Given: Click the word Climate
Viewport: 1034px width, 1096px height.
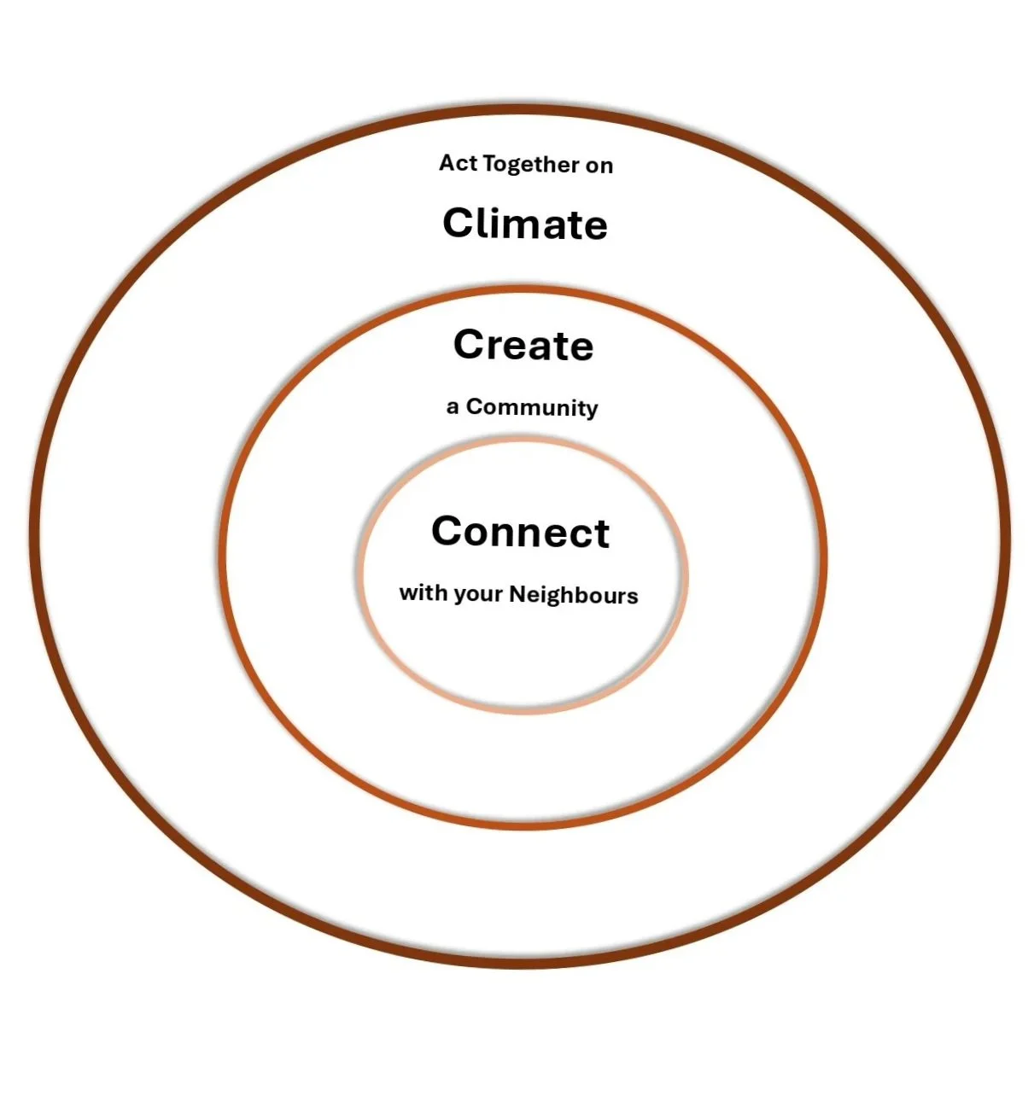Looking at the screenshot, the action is point(525,224).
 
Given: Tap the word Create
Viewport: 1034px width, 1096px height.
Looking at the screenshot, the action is point(523,346).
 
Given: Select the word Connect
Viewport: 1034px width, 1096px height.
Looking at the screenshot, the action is point(520,532).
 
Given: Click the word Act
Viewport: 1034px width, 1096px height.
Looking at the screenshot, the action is point(458,163).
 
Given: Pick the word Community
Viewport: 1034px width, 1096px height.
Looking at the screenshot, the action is point(532,408).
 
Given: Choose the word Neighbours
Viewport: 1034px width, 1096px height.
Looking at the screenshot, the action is point(573,595).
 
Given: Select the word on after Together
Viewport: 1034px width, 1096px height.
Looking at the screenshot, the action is point(599,166).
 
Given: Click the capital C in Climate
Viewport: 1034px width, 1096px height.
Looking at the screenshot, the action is point(459,224).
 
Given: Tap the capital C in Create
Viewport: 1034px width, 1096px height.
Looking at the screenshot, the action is point(470,345).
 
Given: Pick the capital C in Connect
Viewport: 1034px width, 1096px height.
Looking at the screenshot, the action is point(449,532).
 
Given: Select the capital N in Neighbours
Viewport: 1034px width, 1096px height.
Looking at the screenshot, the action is point(517,594).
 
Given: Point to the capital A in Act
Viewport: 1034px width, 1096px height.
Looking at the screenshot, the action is point(447,163).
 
